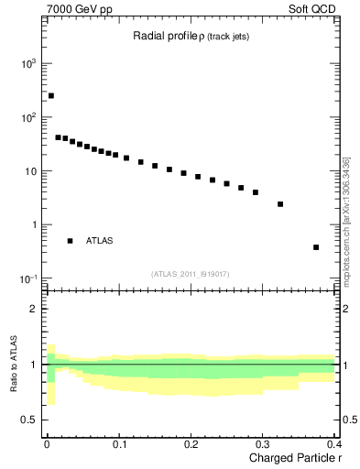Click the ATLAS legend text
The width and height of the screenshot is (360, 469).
(100, 241)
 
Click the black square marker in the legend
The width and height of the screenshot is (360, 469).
(70, 241)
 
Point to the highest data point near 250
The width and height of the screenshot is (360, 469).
(51, 95)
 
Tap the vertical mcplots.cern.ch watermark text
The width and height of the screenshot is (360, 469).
(345, 222)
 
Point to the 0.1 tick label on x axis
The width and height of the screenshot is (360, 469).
(119, 444)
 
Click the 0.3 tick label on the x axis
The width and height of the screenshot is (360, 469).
(262, 444)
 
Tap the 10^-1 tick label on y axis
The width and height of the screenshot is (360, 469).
(28, 278)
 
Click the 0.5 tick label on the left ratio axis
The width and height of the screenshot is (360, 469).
(30, 420)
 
